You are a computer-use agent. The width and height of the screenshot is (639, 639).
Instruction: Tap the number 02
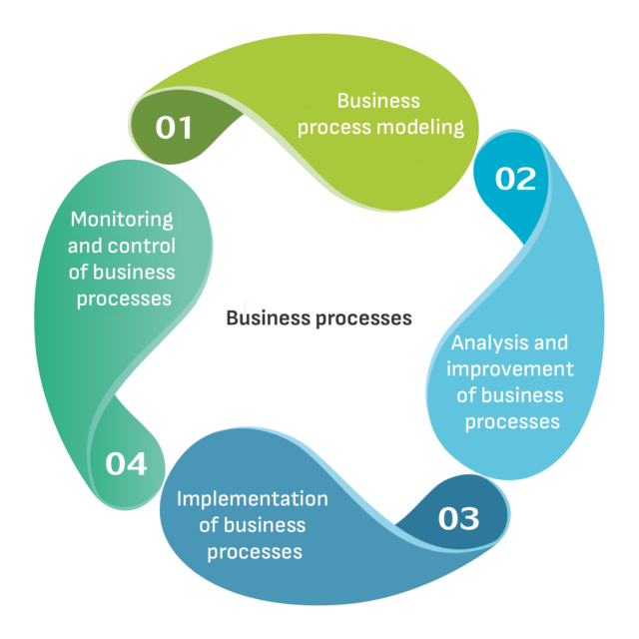515,179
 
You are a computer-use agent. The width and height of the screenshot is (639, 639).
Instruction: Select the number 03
458,518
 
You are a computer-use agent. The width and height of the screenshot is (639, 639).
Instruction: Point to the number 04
126,464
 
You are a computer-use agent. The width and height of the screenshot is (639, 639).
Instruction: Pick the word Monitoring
122,219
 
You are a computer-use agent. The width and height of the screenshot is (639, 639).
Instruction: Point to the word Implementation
253,498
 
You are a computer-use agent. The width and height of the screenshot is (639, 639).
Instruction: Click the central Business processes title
319,319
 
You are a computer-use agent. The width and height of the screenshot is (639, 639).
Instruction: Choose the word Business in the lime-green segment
378,100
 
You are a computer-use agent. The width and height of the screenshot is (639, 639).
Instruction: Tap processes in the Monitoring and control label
122,298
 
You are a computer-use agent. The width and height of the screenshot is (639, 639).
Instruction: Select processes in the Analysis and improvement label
512,421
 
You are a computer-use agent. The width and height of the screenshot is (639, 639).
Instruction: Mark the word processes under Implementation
255,551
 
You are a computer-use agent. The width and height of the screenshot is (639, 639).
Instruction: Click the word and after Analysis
551,343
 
